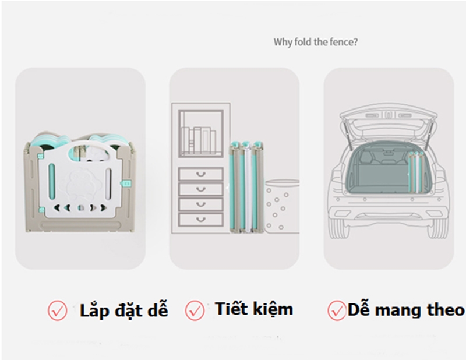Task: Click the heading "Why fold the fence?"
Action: click(x=315, y=42)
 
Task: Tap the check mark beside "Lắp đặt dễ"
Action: click(x=57, y=310)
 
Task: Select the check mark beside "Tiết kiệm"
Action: click(x=195, y=310)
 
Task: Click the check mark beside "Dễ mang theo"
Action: click(x=337, y=310)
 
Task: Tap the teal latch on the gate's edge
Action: click(x=126, y=183)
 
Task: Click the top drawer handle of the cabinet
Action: click(x=201, y=174)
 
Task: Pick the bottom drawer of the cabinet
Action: click(x=201, y=220)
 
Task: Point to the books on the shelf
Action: click(x=198, y=140)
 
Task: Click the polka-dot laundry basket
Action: click(x=282, y=206)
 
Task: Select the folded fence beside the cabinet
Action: click(x=246, y=186)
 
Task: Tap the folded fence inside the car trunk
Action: click(x=416, y=172)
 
